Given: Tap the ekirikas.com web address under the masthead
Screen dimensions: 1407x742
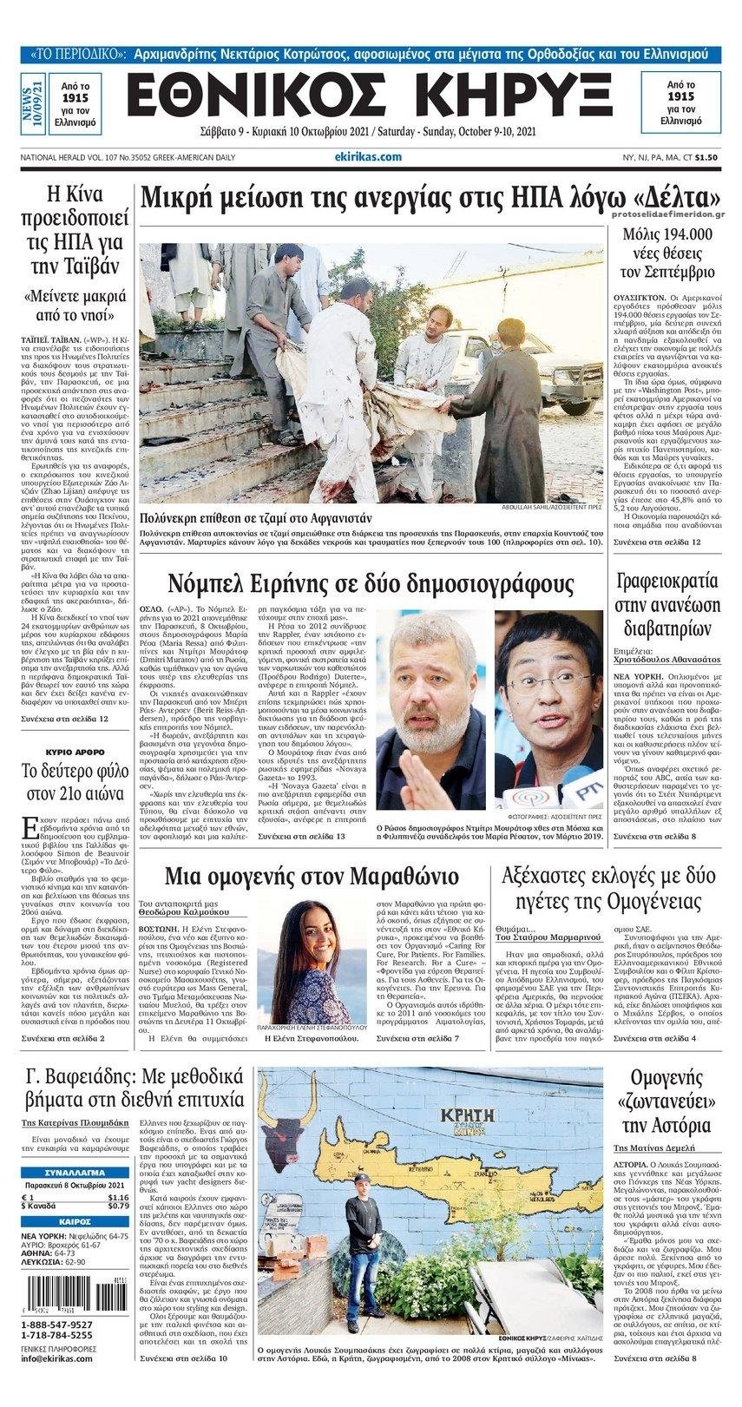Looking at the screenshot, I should (367, 156).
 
